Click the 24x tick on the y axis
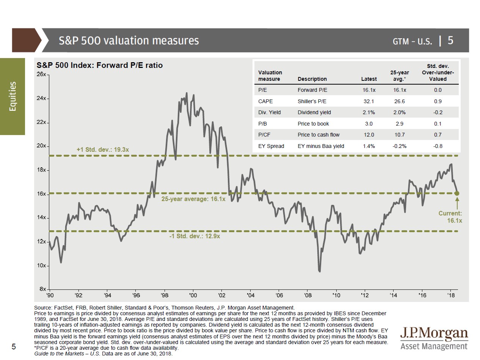[x=41, y=99]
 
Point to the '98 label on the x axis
[x=164, y=295]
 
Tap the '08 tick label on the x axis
[x=307, y=295]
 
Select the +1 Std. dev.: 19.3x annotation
[x=103, y=150]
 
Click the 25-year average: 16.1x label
[x=193, y=199]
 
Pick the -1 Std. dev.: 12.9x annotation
[x=195, y=236]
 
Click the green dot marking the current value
[x=457, y=193]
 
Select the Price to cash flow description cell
[x=318, y=135]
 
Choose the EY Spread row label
[x=271, y=146]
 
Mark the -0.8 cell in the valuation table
[x=438, y=146]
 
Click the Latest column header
[x=369, y=79]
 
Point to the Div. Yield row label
[x=269, y=112]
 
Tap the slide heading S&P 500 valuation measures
[x=129, y=41]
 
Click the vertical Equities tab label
[x=13, y=96]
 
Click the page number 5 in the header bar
[x=450, y=40]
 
